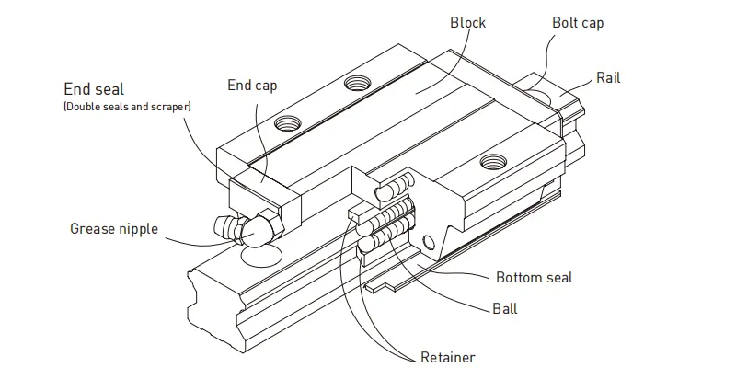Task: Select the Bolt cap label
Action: click(577, 23)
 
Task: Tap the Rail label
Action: click(608, 78)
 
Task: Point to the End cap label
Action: click(252, 86)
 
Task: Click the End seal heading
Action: click(94, 89)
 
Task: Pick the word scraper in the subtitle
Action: click(169, 107)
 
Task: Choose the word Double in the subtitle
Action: click(82, 107)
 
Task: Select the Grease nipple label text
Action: click(114, 228)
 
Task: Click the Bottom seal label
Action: click(534, 277)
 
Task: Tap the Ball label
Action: click(504, 308)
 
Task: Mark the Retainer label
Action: click(447, 357)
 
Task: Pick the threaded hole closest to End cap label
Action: click(287, 122)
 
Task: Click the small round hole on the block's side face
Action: click(426, 243)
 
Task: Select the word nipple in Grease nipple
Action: click(138, 229)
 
